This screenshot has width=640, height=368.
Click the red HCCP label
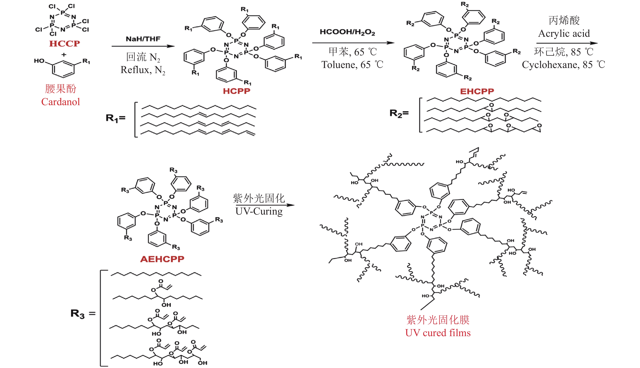64,43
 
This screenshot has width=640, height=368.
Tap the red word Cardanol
61,102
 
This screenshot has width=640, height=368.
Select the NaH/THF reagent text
143,39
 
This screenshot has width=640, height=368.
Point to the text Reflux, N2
143,70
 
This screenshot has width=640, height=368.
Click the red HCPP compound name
236,91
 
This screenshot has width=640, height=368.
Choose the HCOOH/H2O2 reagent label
347,32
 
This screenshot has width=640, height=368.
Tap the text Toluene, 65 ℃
352,65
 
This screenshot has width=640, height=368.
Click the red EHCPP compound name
477,91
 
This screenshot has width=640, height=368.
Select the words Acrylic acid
564,33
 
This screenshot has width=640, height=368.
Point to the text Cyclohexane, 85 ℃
563,65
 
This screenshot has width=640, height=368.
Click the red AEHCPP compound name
162,259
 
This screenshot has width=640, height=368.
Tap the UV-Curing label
259,211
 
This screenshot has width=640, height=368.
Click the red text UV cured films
438,333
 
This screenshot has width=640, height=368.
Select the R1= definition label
115,118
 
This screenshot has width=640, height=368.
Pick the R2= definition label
399,113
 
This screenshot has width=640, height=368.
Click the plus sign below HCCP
64,54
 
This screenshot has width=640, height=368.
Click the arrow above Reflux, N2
143,46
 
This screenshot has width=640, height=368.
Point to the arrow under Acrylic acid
567,43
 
